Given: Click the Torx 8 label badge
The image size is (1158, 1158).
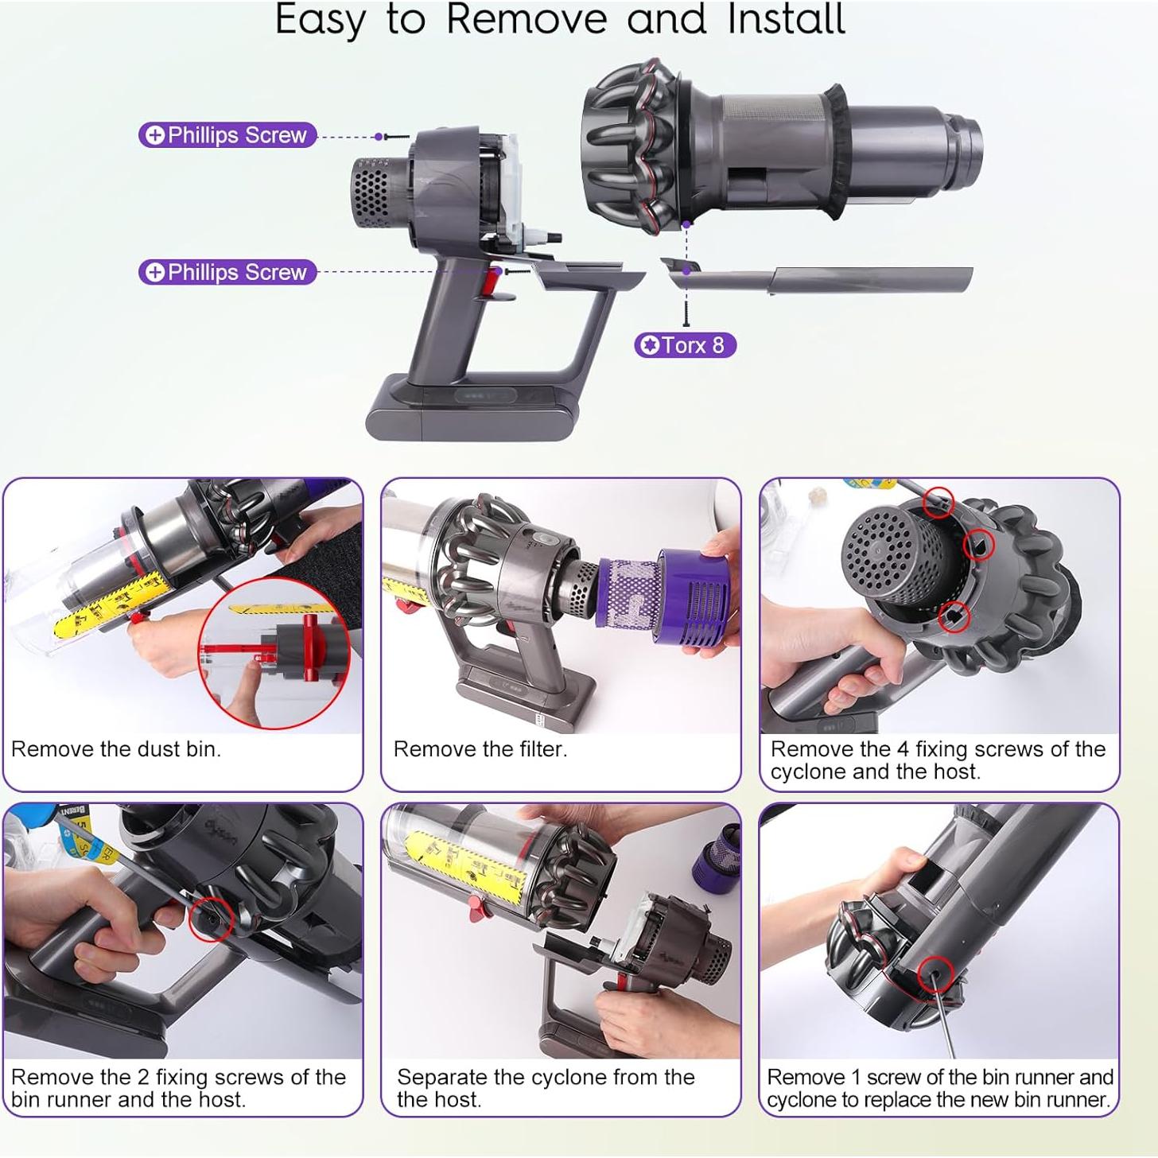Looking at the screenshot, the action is tap(685, 345).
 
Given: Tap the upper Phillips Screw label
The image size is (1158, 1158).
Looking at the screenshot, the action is tap(227, 134).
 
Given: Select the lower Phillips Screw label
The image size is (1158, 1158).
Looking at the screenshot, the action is tap(227, 272).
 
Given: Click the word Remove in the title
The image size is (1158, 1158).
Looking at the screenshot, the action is tap(527, 19).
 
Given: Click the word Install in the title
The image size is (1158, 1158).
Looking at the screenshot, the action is tap(787, 19).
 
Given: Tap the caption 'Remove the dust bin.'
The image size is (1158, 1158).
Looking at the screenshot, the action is tap(116, 749).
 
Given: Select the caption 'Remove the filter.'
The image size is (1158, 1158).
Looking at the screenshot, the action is tap(480, 749).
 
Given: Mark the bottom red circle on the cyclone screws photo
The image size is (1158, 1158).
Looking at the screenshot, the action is tap(954, 616).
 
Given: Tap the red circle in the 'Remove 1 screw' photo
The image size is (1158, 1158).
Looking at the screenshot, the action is tap(935, 974).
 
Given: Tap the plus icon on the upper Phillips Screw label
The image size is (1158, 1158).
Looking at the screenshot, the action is tap(155, 135).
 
